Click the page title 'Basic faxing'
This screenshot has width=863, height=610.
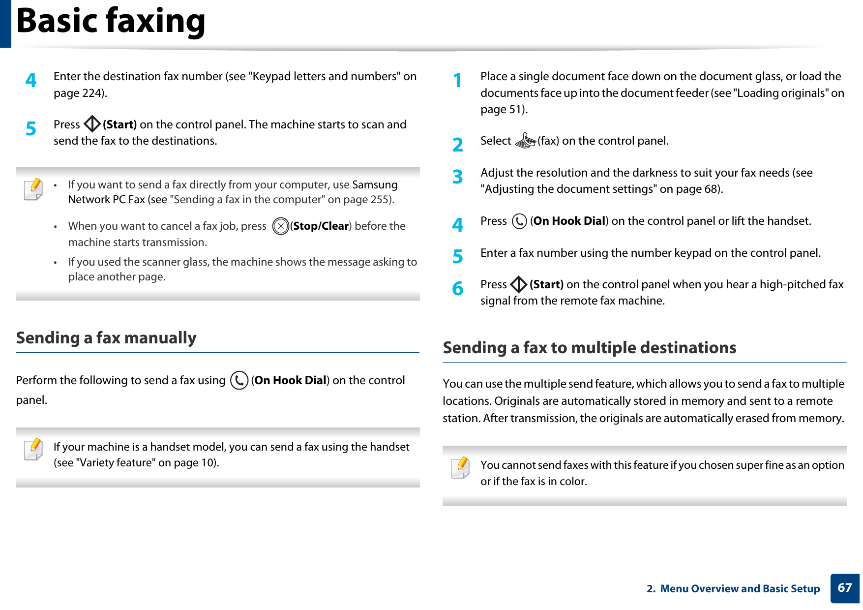click(111, 21)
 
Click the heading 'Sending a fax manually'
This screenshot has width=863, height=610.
click(106, 338)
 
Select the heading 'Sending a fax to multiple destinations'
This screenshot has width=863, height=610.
click(589, 348)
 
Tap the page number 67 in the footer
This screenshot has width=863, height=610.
click(844, 588)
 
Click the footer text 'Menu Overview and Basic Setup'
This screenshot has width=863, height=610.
click(740, 589)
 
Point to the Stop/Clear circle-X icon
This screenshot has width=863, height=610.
click(280, 226)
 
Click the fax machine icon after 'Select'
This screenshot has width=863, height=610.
click(525, 141)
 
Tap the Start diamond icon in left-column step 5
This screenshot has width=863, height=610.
click(92, 124)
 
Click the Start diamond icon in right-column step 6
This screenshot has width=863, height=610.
click(519, 284)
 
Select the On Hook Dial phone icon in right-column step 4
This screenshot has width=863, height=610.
click(519, 221)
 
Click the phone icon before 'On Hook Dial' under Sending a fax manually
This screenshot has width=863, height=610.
click(239, 380)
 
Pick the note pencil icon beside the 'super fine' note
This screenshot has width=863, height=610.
click(460, 467)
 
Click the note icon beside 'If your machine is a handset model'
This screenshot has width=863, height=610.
click(33, 449)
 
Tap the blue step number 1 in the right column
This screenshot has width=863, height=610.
click(458, 80)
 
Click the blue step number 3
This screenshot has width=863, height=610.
click(458, 177)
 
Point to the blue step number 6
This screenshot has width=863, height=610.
click(458, 288)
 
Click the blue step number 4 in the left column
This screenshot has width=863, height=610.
click(31, 80)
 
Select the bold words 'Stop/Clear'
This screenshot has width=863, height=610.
click(321, 226)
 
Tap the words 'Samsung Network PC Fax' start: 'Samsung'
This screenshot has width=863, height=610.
click(375, 185)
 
